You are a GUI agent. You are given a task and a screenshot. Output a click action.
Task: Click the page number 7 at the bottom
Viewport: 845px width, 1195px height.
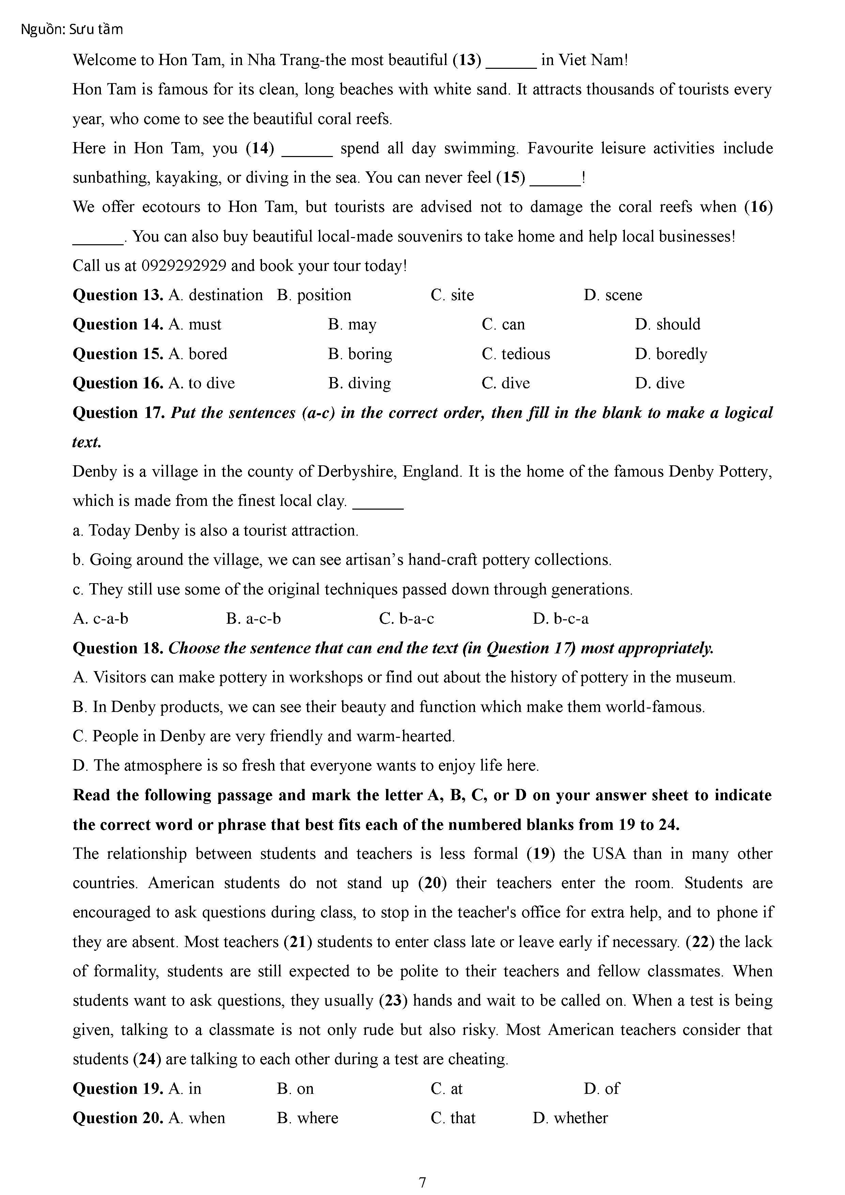[x=422, y=1182]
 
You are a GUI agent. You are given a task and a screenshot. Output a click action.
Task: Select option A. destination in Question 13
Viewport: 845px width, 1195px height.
[x=216, y=295]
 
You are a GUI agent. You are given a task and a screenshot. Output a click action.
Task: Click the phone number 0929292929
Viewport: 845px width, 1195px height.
[x=184, y=266]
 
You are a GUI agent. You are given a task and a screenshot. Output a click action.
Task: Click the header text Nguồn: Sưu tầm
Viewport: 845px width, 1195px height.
[x=72, y=30]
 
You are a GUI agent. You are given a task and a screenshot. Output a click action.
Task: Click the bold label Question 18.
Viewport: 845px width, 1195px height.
[x=118, y=648]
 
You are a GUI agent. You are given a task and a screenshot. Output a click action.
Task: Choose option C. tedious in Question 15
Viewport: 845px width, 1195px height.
[x=516, y=354]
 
